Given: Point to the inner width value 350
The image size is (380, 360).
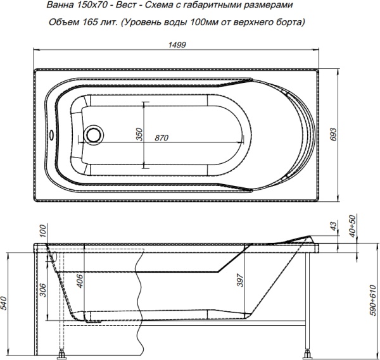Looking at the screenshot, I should pyautogui.click(x=140, y=135).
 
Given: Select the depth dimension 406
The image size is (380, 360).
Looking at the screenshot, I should pyautogui.click(x=79, y=280).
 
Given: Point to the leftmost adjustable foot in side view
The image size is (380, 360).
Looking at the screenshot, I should pyautogui.click(x=62, y=353).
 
